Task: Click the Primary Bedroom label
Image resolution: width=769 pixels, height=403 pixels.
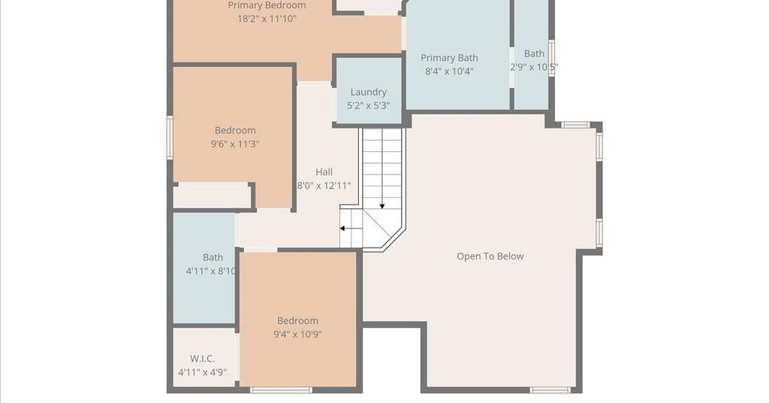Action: (x=267, y=5)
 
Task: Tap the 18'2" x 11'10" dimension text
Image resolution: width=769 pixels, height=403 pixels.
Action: (x=267, y=19)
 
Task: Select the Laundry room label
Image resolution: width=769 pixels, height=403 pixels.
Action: (x=368, y=92)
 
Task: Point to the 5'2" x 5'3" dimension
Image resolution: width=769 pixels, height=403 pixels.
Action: (x=368, y=105)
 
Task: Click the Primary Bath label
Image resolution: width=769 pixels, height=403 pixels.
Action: (x=449, y=58)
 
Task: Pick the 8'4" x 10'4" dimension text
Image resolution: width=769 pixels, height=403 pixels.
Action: (x=449, y=71)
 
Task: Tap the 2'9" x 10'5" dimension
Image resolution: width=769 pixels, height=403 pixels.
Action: (x=534, y=67)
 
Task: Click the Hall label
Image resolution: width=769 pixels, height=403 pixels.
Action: (x=324, y=172)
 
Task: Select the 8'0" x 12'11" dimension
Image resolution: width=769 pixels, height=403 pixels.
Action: (x=324, y=186)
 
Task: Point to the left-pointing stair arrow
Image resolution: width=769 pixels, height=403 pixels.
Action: (x=351, y=229)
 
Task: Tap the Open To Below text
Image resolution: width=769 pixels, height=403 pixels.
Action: (x=490, y=256)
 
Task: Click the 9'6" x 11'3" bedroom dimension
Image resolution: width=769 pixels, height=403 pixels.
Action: (x=235, y=144)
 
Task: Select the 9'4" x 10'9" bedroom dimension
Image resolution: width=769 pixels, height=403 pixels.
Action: (x=297, y=335)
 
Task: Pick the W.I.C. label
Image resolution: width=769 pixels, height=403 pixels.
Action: (x=202, y=359)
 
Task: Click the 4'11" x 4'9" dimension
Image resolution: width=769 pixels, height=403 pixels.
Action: (x=202, y=372)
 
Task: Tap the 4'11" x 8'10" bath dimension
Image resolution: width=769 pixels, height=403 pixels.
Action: (x=211, y=271)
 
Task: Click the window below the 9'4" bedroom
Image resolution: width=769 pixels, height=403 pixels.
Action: (x=281, y=390)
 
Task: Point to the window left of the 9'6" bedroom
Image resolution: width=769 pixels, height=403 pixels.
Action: (x=170, y=138)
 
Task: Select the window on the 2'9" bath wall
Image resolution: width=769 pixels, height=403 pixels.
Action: (x=551, y=59)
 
